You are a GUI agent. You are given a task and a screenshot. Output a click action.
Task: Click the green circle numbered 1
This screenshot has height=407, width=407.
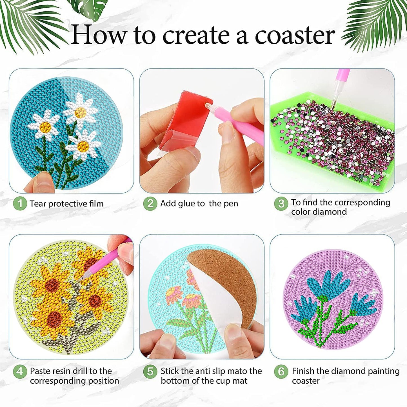(x=20, y=203)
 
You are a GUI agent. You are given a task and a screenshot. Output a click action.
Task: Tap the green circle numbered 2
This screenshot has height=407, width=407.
(x=150, y=203)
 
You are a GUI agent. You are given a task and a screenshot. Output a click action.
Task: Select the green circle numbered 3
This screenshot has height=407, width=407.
(x=281, y=203)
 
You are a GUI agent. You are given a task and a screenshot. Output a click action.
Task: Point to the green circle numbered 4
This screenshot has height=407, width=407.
(x=20, y=372)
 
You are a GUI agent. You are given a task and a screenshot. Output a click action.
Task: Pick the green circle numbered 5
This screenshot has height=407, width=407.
(x=150, y=372)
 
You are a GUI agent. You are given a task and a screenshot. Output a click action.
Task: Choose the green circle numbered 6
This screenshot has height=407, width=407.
(x=281, y=372)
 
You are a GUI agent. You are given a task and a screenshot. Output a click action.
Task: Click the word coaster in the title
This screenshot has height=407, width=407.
(x=295, y=35)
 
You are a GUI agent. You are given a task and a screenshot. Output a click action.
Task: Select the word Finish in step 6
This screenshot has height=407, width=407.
(x=303, y=371)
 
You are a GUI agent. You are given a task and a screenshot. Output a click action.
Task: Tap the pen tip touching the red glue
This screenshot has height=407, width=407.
(x=208, y=106)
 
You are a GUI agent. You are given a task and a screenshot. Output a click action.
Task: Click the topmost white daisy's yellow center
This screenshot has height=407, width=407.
(x=81, y=113)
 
